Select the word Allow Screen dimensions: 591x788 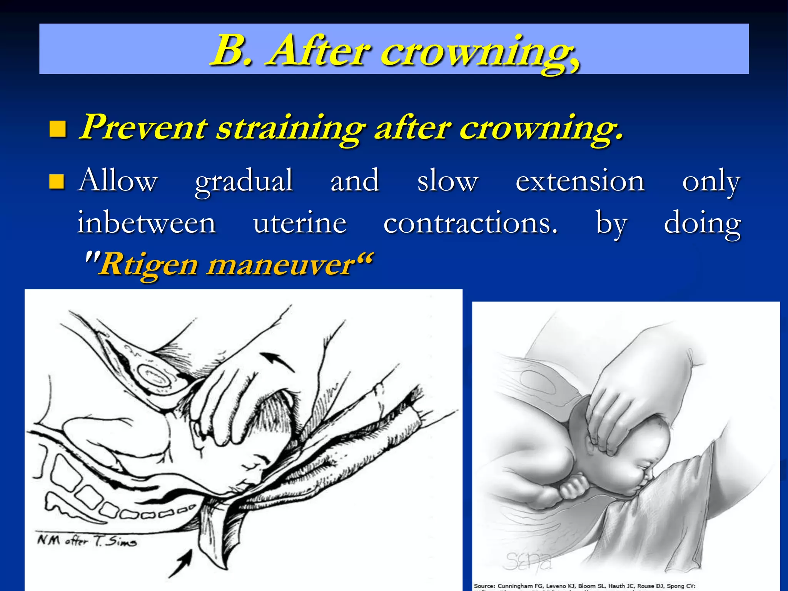pos(117,180)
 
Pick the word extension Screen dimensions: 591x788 pos(579,180)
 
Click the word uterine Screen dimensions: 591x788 pos(300,223)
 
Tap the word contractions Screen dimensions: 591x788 pos(470,223)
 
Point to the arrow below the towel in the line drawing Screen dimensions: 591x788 pos(181,563)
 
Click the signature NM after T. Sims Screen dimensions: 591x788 pos(87,541)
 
